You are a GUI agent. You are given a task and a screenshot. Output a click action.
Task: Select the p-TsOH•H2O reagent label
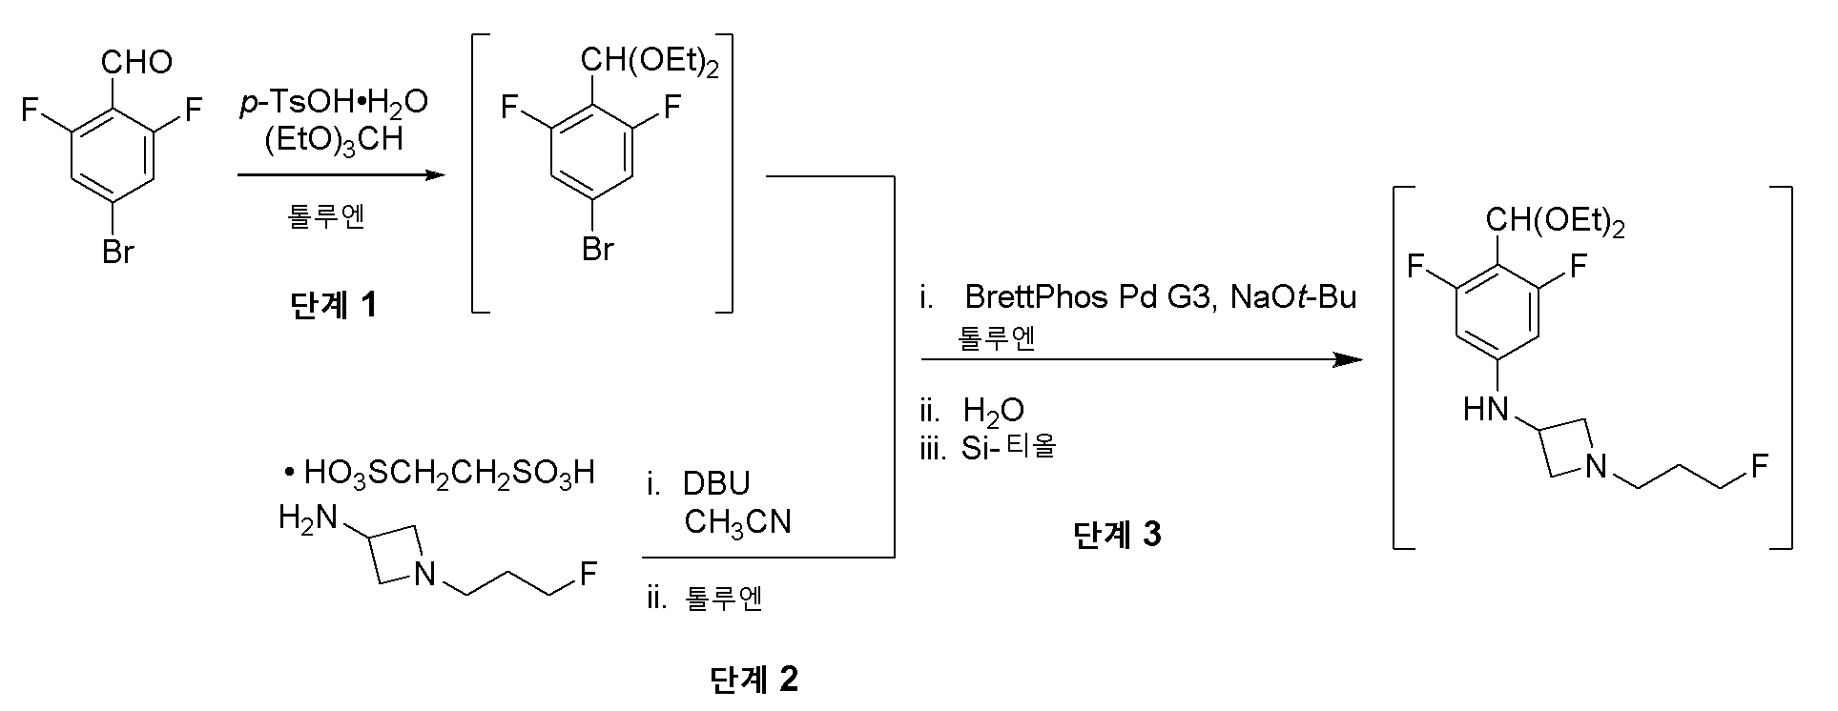pyautogui.click(x=333, y=103)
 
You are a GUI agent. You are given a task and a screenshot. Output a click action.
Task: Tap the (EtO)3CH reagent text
pyautogui.click(x=333, y=140)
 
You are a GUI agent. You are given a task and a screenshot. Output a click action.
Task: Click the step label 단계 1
pyautogui.click(x=333, y=305)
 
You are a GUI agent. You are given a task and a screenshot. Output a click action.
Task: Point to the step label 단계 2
pyautogui.click(x=754, y=680)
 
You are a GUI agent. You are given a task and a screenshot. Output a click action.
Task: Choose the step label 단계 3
pyautogui.click(x=1117, y=536)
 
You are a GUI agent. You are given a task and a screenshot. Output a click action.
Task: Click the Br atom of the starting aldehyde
pyautogui.click(x=117, y=254)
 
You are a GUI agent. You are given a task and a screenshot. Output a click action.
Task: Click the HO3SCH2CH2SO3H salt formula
pyautogui.click(x=448, y=473)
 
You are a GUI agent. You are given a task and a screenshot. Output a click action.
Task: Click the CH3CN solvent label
pyautogui.click(x=737, y=522)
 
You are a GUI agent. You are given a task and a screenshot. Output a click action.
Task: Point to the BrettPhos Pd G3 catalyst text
pyautogui.click(x=1087, y=298)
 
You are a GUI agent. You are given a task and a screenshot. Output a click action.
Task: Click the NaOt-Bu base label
pyautogui.click(x=1292, y=298)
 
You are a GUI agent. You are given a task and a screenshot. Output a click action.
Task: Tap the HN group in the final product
pyautogui.click(x=1486, y=411)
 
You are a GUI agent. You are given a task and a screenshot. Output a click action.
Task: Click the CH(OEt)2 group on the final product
pyautogui.click(x=1555, y=223)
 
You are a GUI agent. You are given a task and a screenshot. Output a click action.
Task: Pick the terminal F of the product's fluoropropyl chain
pyautogui.click(x=1759, y=466)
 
